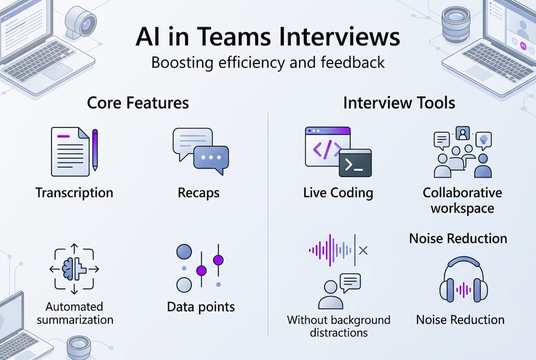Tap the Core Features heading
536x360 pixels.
[138, 103]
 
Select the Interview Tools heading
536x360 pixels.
[399, 103]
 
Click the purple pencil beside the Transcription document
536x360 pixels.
[95, 150]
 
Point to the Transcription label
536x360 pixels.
[74, 192]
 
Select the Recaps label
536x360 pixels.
[198, 192]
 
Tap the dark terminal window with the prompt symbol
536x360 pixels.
[355, 163]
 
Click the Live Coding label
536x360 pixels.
[338, 192]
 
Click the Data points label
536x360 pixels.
[201, 306]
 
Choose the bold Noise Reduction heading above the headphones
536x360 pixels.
[458, 238]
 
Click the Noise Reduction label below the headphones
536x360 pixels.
[460, 319]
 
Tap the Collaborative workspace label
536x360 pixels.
[462, 200]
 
